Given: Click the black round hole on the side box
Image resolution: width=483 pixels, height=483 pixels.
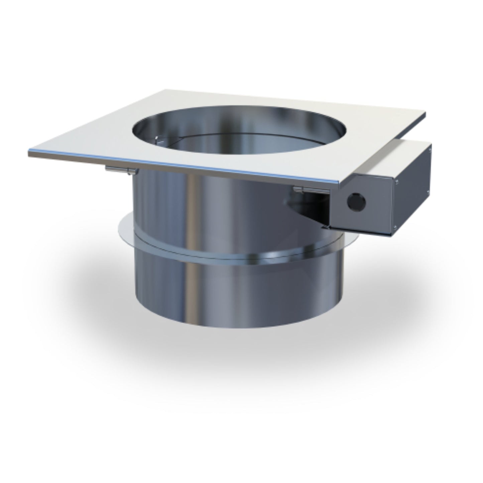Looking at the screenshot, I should coord(356,202).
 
